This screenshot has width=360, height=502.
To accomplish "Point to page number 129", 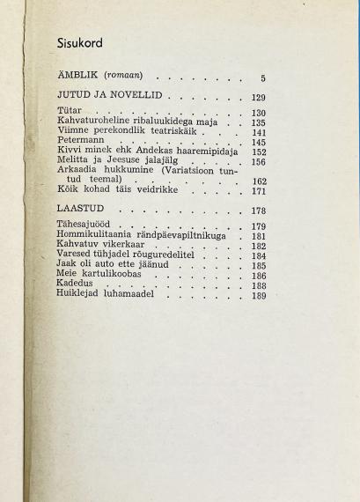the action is click(x=258, y=98).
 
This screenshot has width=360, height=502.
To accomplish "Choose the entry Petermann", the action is click(x=81, y=140).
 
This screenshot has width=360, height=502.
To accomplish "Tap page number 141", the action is click(x=258, y=133).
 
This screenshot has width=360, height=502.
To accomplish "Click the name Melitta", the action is click(x=75, y=160).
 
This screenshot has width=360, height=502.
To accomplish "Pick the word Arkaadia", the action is click(x=79, y=170).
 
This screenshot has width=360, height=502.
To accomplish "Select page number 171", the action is click(x=258, y=191).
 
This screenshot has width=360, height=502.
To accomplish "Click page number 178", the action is click(x=258, y=211).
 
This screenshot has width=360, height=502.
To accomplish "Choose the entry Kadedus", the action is click(x=75, y=285).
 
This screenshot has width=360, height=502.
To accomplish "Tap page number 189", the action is click(x=258, y=297).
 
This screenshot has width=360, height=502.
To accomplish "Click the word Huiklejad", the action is click(x=81, y=295).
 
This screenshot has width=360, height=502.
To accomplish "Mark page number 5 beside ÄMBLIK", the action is click(x=262, y=78).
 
